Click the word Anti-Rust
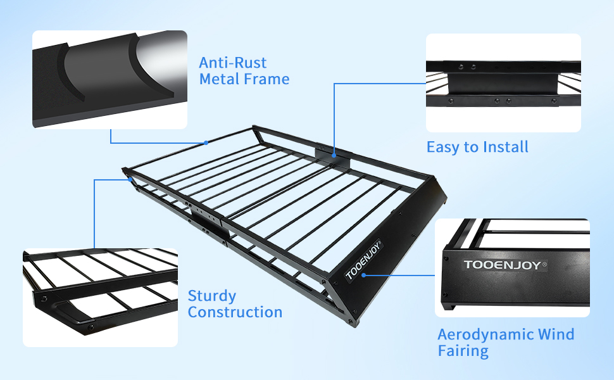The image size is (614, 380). pos(233,63)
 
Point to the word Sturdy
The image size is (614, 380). pos(212,296)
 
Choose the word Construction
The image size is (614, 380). pos(235,312)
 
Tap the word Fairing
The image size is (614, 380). pos(463,350)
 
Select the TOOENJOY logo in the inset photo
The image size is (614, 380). pos(501,265)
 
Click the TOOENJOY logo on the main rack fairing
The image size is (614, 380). pos(363,260)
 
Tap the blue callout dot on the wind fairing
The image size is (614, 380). pos(367,275)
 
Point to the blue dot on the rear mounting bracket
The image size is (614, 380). pos(334,154)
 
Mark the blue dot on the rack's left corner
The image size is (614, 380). pos(131,180)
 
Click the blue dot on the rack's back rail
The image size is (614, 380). pos(206,143)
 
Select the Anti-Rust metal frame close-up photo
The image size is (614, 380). pos(110,79)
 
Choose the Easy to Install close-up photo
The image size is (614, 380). pos(503,83)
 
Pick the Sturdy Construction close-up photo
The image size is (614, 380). pos(100,297)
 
